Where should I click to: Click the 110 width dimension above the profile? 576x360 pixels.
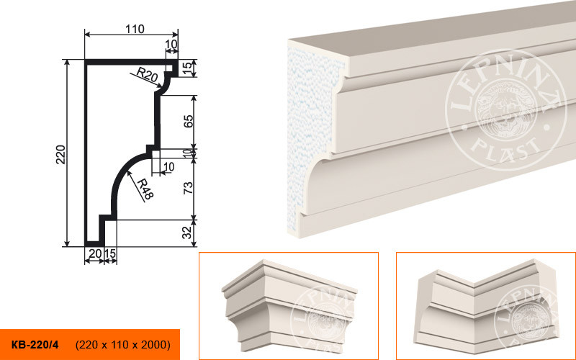[x=135, y=29]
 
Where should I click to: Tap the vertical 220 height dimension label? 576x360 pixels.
[x=60, y=155]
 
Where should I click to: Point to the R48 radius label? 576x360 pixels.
[x=145, y=189]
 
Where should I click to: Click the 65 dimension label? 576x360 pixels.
[x=188, y=121]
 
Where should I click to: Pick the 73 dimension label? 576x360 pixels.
[x=188, y=188]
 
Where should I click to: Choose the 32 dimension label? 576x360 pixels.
[x=187, y=232]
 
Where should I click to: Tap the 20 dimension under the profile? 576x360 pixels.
[x=95, y=253]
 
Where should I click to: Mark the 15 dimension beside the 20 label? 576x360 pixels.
[x=110, y=253]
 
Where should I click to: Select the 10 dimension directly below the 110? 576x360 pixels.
[x=171, y=44]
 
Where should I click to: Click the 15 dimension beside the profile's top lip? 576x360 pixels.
[x=187, y=67]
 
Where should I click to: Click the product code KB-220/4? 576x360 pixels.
[x=35, y=345]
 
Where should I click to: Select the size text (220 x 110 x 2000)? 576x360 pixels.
[x=123, y=345]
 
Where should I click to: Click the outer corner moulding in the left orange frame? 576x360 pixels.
[x=289, y=305]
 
